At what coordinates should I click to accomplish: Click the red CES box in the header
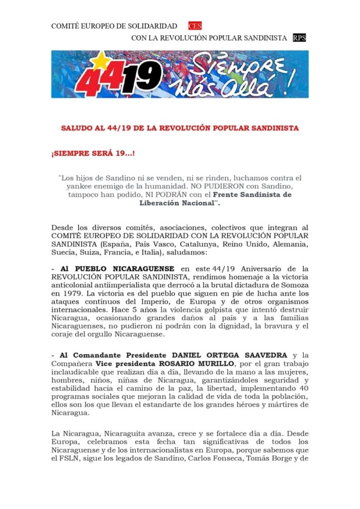pos(195,26)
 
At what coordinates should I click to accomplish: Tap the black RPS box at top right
pos(299,38)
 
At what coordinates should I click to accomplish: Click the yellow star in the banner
pos(101,61)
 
